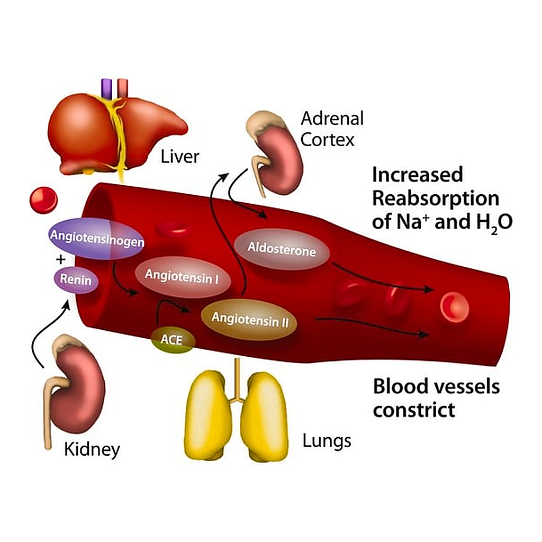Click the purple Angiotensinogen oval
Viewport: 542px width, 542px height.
96,239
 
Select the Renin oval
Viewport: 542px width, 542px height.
76,279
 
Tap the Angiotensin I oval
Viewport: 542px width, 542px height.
183,277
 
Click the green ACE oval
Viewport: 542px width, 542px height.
173,340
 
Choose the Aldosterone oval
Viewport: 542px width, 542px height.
282,249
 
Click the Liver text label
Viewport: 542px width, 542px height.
180,157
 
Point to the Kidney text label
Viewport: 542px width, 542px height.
92,449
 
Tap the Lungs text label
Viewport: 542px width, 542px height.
327,441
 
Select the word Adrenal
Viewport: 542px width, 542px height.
332,118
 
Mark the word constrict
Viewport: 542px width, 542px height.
414,410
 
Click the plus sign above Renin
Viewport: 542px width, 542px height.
61,259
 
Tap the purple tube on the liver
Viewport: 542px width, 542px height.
106,88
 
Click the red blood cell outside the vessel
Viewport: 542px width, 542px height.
43,201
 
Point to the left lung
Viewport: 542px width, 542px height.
209,415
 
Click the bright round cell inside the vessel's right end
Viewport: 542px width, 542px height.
454,308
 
